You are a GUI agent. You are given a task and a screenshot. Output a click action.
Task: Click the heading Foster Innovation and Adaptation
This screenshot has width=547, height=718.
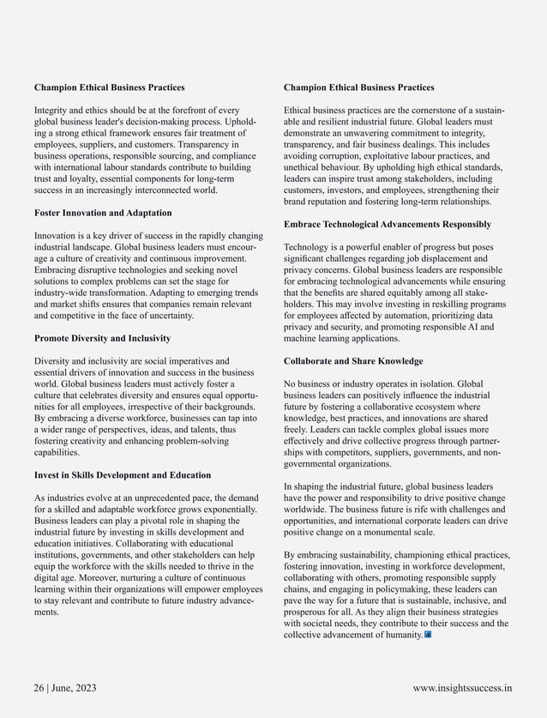click(x=103, y=213)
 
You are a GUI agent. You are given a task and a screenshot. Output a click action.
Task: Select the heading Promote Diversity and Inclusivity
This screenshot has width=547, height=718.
click(x=102, y=338)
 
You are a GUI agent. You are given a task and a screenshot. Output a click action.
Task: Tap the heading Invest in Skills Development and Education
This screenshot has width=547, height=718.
click(x=123, y=475)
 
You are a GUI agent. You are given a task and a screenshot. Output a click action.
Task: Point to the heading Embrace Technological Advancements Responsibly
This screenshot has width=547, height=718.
click(x=388, y=225)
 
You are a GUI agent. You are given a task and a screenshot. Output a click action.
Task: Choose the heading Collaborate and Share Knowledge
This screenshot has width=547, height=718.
click(x=353, y=361)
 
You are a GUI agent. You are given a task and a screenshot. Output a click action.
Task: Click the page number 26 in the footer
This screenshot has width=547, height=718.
click(x=39, y=687)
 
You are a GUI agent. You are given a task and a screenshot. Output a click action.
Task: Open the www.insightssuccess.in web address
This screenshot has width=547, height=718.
click(x=462, y=687)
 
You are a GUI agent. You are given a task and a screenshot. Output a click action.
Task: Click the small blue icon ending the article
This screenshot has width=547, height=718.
click(x=428, y=635)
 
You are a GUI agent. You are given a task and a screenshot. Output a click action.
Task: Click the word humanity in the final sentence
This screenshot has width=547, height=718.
click(x=403, y=635)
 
